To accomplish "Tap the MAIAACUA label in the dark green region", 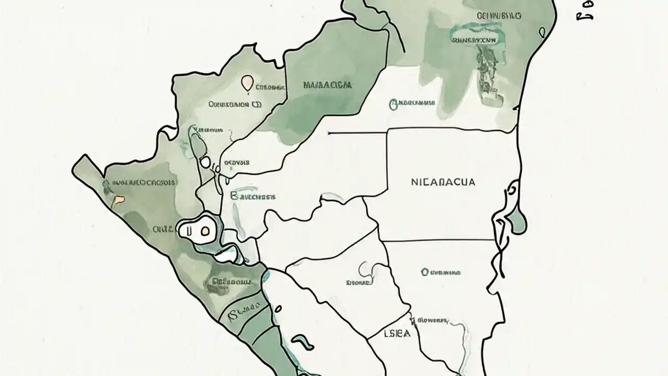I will click(327, 84).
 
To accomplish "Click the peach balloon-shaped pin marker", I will click(247, 83).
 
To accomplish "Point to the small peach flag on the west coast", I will click(120, 198).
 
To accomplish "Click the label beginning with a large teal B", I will click(253, 197).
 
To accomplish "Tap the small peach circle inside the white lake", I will click(204, 230).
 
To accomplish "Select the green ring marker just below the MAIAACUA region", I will click(392, 104).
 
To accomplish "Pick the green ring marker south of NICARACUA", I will click(424, 272).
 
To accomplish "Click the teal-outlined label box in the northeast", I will click(473, 39).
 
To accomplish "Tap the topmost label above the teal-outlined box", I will click(498, 16).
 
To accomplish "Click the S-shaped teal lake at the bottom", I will click(302, 342).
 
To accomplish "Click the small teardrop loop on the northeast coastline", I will click(543, 32).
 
